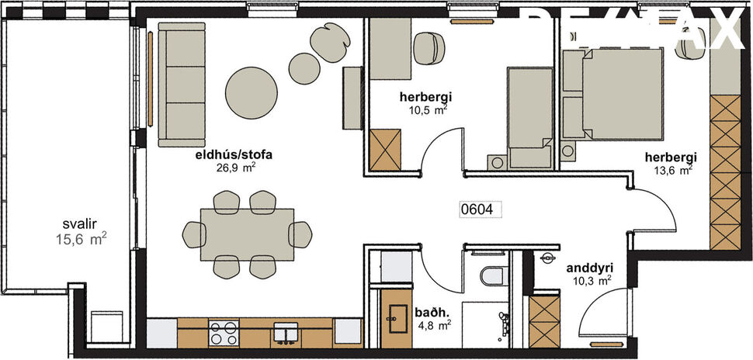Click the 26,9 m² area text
[x=236, y=166]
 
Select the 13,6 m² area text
[x=672, y=170]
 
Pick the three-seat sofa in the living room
[x=181, y=84]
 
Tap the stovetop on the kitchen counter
[x=224, y=333]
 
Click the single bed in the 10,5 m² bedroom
[x=529, y=116]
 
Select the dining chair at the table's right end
[x=301, y=233]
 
